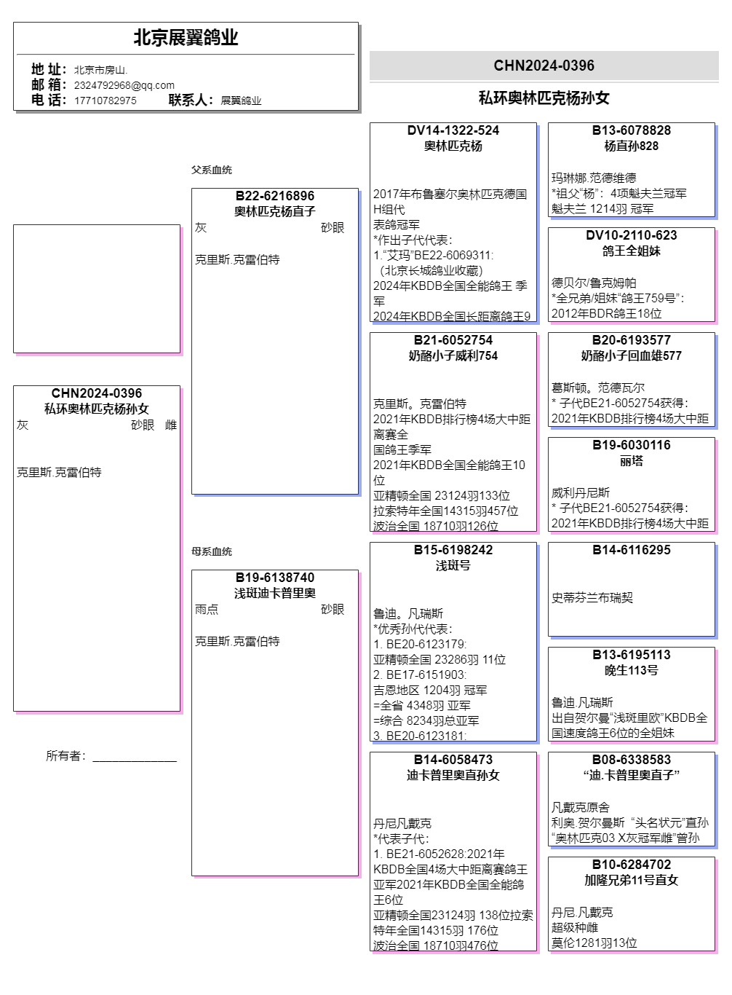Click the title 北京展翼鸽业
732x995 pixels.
pyautogui.click(x=186, y=38)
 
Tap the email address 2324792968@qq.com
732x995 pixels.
pyautogui.click(x=124, y=85)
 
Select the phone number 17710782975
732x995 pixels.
pyautogui.click(x=105, y=101)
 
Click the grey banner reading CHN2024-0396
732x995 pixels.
pyautogui.click(x=544, y=66)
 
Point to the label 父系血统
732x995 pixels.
pyautogui.click(x=212, y=170)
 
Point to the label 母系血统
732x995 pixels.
pyautogui.click(x=212, y=551)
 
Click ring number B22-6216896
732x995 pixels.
pyautogui.click(x=275, y=196)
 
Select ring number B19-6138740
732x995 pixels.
pyautogui.click(x=275, y=578)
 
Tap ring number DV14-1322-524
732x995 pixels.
pyautogui.click(x=453, y=130)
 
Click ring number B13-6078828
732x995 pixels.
pyautogui.click(x=631, y=130)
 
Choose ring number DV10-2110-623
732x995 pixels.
pyautogui.click(x=631, y=235)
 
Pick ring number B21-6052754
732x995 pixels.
pyautogui.click(x=453, y=340)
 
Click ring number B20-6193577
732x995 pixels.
pyautogui.click(x=631, y=340)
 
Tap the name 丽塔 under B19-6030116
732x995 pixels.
pyautogui.click(x=631, y=461)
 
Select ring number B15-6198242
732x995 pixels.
pyautogui.click(x=453, y=550)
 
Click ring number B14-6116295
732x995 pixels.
pyautogui.click(x=631, y=550)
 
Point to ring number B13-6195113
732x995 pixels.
pyautogui.click(x=631, y=655)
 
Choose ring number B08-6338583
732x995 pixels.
pyautogui.click(x=631, y=760)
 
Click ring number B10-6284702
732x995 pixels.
pyautogui.click(x=631, y=865)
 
